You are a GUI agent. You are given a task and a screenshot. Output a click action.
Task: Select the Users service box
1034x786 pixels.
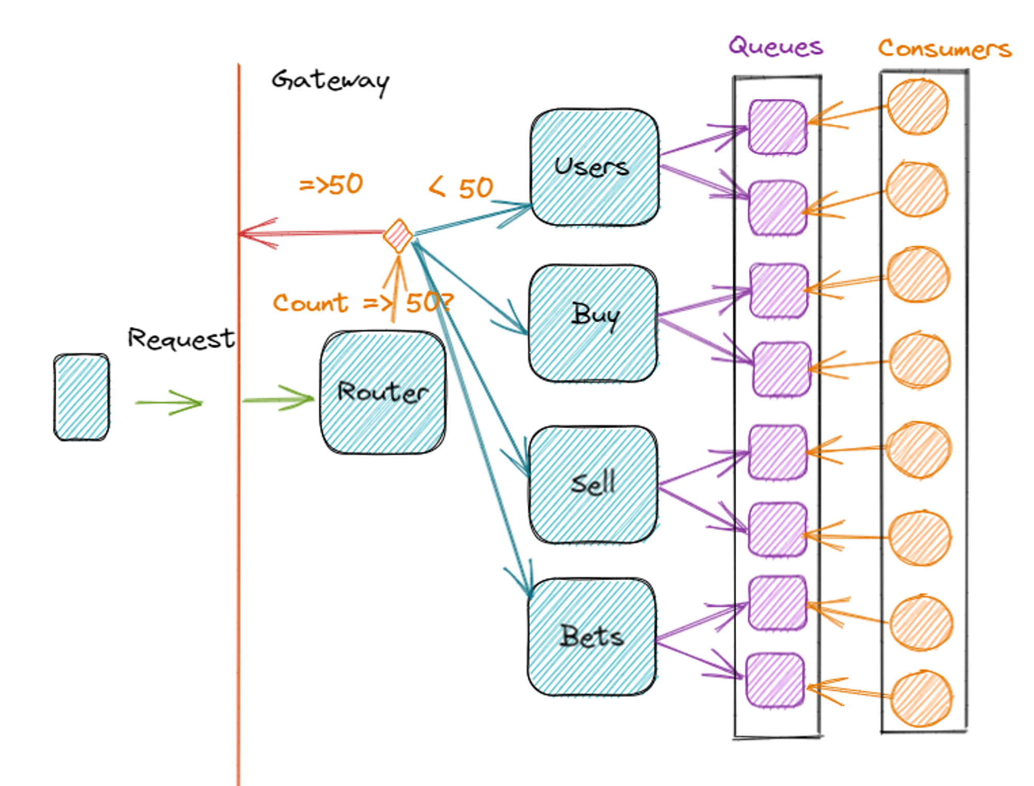click(x=595, y=167)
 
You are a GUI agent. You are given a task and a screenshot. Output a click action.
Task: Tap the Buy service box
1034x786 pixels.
click(x=594, y=323)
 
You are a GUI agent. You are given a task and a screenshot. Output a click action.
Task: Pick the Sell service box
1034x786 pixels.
click(x=594, y=484)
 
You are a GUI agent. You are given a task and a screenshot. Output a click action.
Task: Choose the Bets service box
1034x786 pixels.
click(x=592, y=636)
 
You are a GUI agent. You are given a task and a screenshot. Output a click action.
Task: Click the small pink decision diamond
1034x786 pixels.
click(x=398, y=236)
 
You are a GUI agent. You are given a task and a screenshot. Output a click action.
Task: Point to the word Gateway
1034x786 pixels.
click(x=331, y=81)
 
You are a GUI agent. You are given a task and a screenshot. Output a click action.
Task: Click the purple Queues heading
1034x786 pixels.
click(x=775, y=47)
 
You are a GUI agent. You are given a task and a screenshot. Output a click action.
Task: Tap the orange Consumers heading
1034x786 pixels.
click(x=945, y=49)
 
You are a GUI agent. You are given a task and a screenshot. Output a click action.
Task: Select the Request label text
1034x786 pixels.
click(x=181, y=339)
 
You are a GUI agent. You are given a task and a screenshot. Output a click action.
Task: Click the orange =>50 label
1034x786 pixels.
click(x=331, y=185)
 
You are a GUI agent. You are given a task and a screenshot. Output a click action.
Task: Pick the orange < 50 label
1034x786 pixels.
click(x=461, y=187)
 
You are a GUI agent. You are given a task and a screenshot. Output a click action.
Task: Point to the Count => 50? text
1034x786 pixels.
click(x=362, y=303)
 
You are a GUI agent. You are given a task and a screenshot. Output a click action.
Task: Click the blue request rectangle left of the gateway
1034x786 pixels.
click(x=82, y=397)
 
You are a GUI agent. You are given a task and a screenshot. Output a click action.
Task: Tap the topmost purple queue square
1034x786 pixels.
click(x=778, y=127)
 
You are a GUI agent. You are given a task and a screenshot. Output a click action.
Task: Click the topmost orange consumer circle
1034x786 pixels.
click(x=918, y=107)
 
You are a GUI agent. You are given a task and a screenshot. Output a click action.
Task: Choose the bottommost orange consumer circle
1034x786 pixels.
click(x=921, y=698)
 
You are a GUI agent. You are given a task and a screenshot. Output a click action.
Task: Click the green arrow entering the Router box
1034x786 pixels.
click(x=279, y=399)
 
